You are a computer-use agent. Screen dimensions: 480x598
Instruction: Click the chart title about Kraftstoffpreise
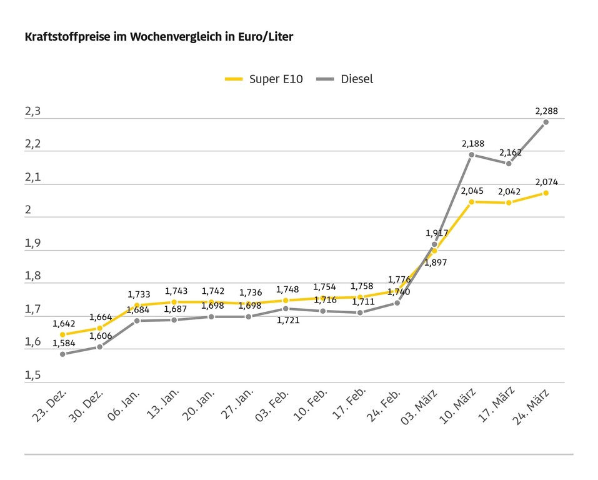pyautogui.click(x=159, y=37)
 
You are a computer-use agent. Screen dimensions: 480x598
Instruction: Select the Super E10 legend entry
pyautogui.click(x=264, y=79)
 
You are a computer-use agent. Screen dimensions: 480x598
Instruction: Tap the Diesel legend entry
pyautogui.click(x=346, y=79)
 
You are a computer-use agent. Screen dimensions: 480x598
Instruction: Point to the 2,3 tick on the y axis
pyautogui.click(x=32, y=112)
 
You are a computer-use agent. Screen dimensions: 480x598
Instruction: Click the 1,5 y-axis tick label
pyautogui.click(x=32, y=375)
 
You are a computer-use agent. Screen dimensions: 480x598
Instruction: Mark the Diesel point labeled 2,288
pyautogui.click(x=546, y=122)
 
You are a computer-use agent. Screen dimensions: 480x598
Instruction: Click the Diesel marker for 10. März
pyautogui.click(x=471, y=154)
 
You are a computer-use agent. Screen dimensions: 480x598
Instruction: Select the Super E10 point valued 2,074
pyautogui.click(x=546, y=192)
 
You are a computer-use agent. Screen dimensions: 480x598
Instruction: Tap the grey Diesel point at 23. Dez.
pyautogui.click(x=62, y=354)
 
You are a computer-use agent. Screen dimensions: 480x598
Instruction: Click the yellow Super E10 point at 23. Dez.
pyautogui.click(x=62, y=334)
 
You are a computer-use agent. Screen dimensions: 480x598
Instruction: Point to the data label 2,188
pyautogui.click(x=473, y=144)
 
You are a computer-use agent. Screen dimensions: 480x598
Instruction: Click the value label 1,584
pyautogui.click(x=64, y=343)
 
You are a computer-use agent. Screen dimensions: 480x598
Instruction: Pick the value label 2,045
pyautogui.click(x=472, y=191)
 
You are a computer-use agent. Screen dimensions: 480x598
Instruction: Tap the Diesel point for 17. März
pyautogui.click(x=509, y=164)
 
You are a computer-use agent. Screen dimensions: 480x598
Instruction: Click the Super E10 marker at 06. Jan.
pyautogui.click(x=137, y=305)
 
